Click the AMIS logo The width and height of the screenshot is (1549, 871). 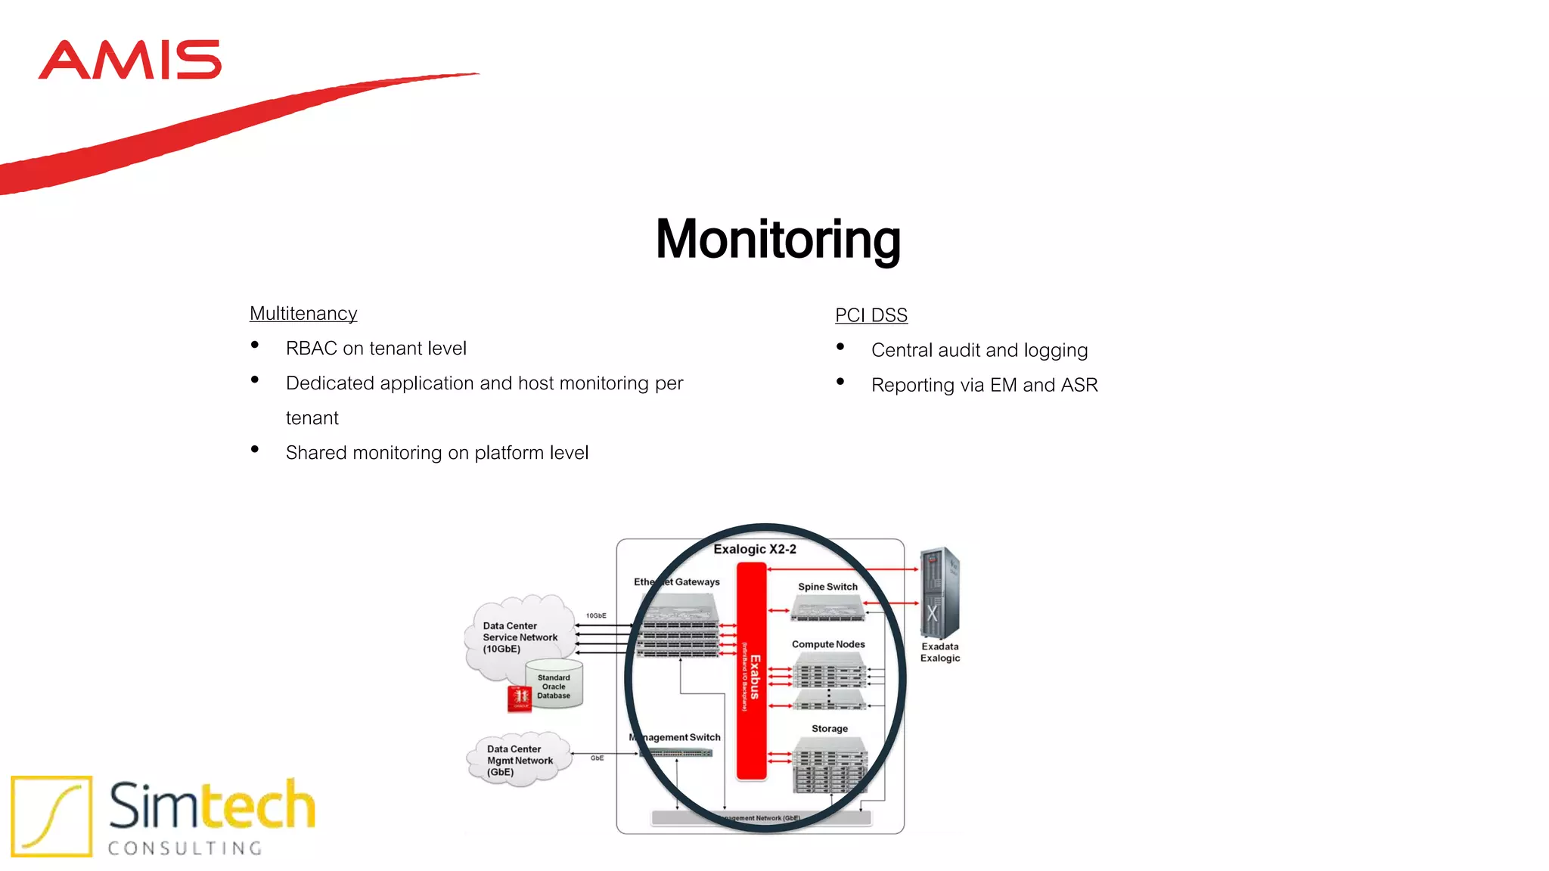pyautogui.click(x=129, y=60)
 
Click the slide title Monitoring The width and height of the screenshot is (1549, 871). pyautogui.click(x=778, y=240)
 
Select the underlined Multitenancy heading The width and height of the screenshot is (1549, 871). pyautogui.click(x=303, y=314)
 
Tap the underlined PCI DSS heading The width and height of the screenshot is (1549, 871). pyautogui.click(x=871, y=315)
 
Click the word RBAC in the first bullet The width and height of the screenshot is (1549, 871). pyautogui.click(x=311, y=349)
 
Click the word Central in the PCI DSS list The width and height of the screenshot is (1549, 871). pyautogui.click(x=901, y=350)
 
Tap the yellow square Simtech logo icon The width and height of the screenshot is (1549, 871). pyautogui.click(x=51, y=816)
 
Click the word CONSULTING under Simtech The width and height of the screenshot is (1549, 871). pyautogui.click(x=185, y=848)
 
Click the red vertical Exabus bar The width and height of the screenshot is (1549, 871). pyautogui.click(x=751, y=672)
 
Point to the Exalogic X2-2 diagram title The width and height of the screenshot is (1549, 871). pyautogui.click(x=754, y=550)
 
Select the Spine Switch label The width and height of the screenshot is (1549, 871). pyautogui.click(x=827, y=587)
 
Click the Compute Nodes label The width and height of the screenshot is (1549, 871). pyautogui.click(x=828, y=645)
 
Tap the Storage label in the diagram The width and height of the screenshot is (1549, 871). pyautogui.click(x=829, y=729)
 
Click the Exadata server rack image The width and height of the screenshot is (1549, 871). pyautogui.click(x=939, y=594)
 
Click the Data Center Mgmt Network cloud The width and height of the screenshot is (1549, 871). pyautogui.click(x=519, y=760)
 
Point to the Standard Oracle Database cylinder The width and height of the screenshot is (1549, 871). pyautogui.click(x=554, y=685)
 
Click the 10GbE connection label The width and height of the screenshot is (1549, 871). pyautogui.click(x=596, y=616)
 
